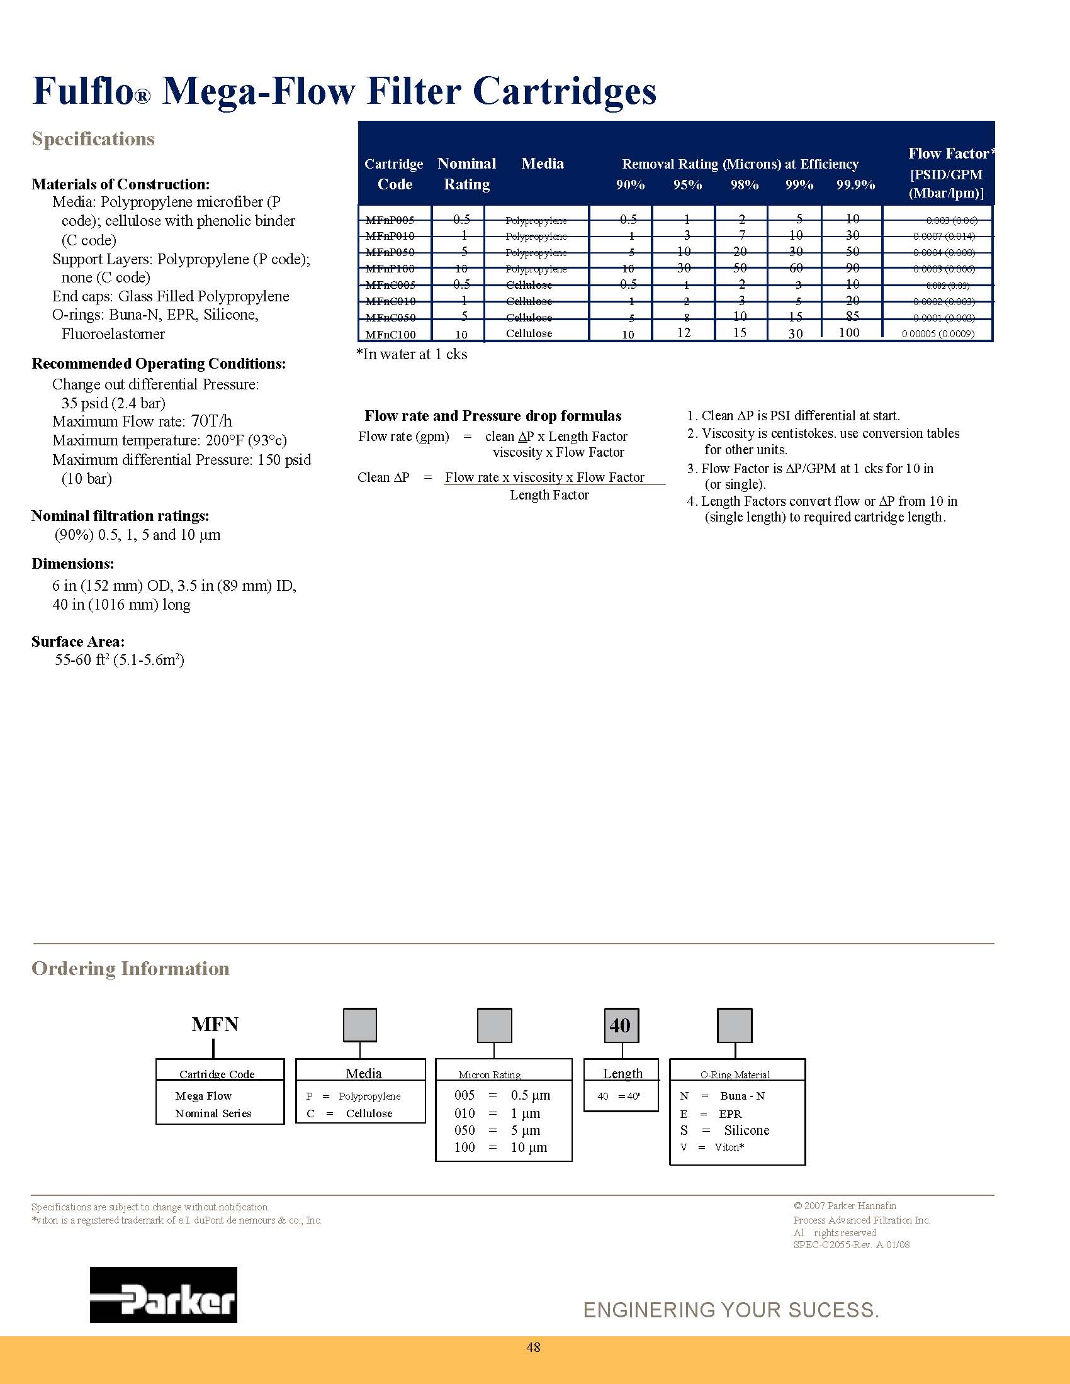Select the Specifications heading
pyautogui.click(x=93, y=139)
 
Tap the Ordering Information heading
pyautogui.click(x=130, y=968)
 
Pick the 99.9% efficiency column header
pyautogui.click(x=855, y=184)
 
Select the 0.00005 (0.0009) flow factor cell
pyautogui.click(x=938, y=334)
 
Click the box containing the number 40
pyautogui.click(x=621, y=1025)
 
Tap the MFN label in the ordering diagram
pyautogui.click(x=215, y=1024)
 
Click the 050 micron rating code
pyautogui.click(x=465, y=1130)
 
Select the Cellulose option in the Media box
pyautogui.click(x=369, y=1113)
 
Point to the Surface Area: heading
pyautogui.click(x=78, y=641)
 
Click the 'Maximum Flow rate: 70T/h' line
pyautogui.click(x=142, y=421)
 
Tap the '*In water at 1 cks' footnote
pyautogui.click(x=412, y=354)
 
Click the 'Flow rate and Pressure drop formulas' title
pyautogui.click(x=493, y=416)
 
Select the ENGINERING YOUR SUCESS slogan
pyautogui.click(x=731, y=1310)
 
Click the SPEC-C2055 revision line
pyautogui.click(x=852, y=1244)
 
